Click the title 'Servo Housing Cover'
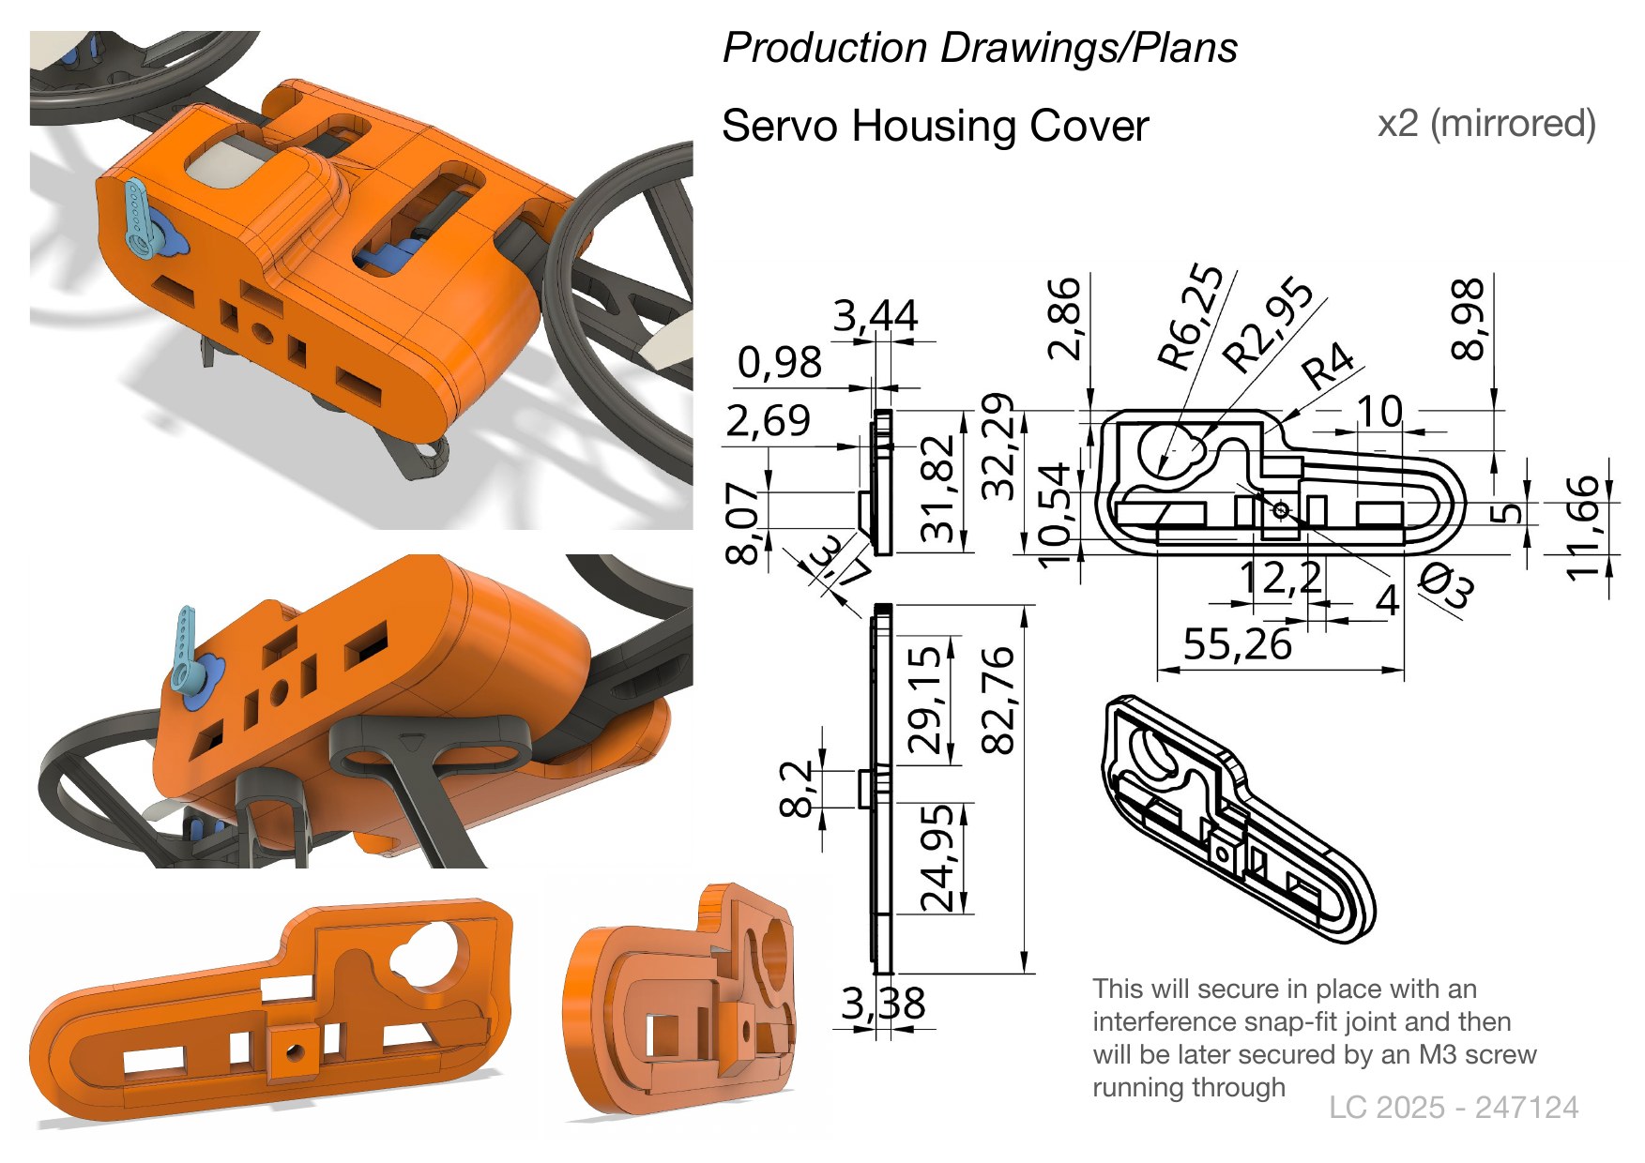935,127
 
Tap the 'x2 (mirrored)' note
1486,124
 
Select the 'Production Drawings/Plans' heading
980,48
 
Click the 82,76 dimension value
998,700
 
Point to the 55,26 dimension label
1237,644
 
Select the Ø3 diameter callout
1445,585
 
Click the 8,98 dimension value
1468,320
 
